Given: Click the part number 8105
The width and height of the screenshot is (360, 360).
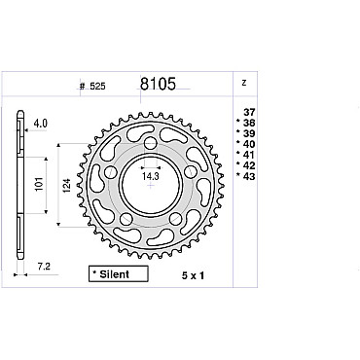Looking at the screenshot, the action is pyautogui.click(x=158, y=84).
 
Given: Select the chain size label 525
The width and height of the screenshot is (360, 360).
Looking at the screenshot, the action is pyautogui.click(x=97, y=87).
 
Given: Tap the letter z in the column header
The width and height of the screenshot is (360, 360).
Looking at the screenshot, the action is pyautogui.click(x=244, y=83).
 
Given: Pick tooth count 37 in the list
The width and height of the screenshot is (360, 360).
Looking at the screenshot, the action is pyautogui.click(x=249, y=112).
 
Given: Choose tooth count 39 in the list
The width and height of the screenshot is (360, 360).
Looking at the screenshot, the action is pyautogui.click(x=249, y=133).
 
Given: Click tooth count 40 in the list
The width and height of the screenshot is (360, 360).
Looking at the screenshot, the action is pyautogui.click(x=249, y=144).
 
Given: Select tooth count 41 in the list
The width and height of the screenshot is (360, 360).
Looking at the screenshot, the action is pyautogui.click(x=249, y=155).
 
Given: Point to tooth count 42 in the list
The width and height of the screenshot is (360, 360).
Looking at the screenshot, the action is pyautogui.click(x=249, y=165).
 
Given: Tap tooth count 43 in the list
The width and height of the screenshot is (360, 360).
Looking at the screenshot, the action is pyautogui.click(x=249, y=176).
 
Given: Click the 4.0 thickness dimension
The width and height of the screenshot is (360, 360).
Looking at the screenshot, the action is pyautogui.click(x=41, y=124).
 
